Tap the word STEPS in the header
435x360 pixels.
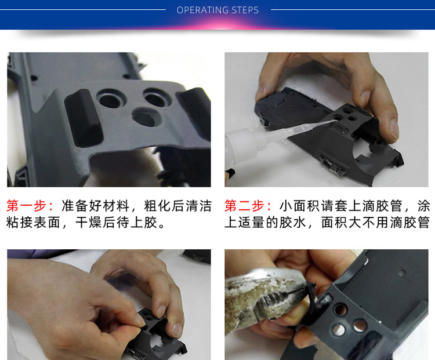(245, 10)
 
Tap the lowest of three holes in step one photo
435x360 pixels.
(146, 118)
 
